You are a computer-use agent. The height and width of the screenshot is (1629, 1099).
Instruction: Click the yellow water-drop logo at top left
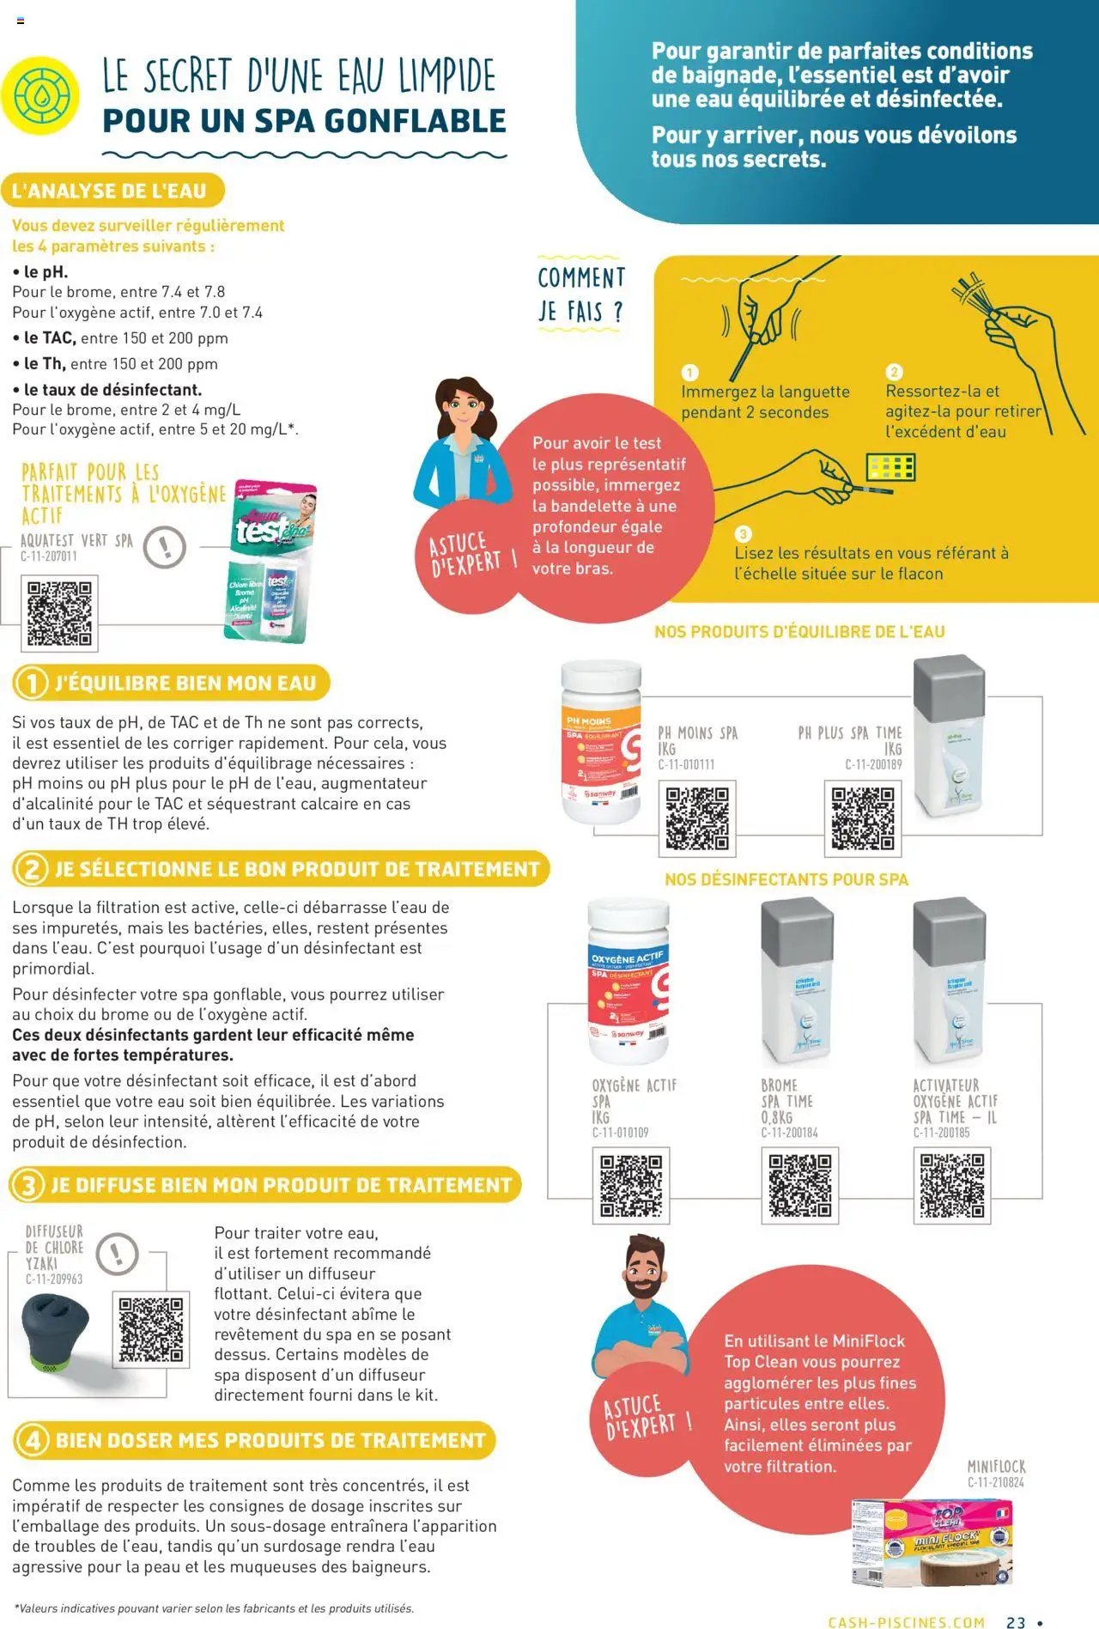[39, 95]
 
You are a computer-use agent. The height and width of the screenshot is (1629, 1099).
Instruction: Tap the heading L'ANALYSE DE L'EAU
[109, 191]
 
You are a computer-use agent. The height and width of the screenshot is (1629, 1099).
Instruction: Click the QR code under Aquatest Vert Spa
[59, 613]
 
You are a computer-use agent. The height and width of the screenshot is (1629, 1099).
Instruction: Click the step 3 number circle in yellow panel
[744, 534]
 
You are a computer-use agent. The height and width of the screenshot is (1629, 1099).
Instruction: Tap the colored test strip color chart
[890, 468]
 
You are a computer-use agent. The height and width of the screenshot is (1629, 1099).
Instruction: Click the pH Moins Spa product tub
[601, 742]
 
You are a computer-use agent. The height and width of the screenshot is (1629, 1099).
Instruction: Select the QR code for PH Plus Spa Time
[862, 818]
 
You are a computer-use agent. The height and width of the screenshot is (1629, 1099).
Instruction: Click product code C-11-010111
[686, 764]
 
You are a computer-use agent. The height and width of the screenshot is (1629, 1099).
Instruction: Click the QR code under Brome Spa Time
[799, 1185]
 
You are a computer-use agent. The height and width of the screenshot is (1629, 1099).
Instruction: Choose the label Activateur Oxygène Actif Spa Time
[955, 1101]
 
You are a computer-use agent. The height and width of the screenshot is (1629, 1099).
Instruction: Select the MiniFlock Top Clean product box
[932, 1541]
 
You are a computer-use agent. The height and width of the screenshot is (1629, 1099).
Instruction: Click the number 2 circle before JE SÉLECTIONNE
[32, 869]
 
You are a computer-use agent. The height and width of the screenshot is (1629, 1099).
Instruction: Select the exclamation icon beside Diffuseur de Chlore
[118, 1254]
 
